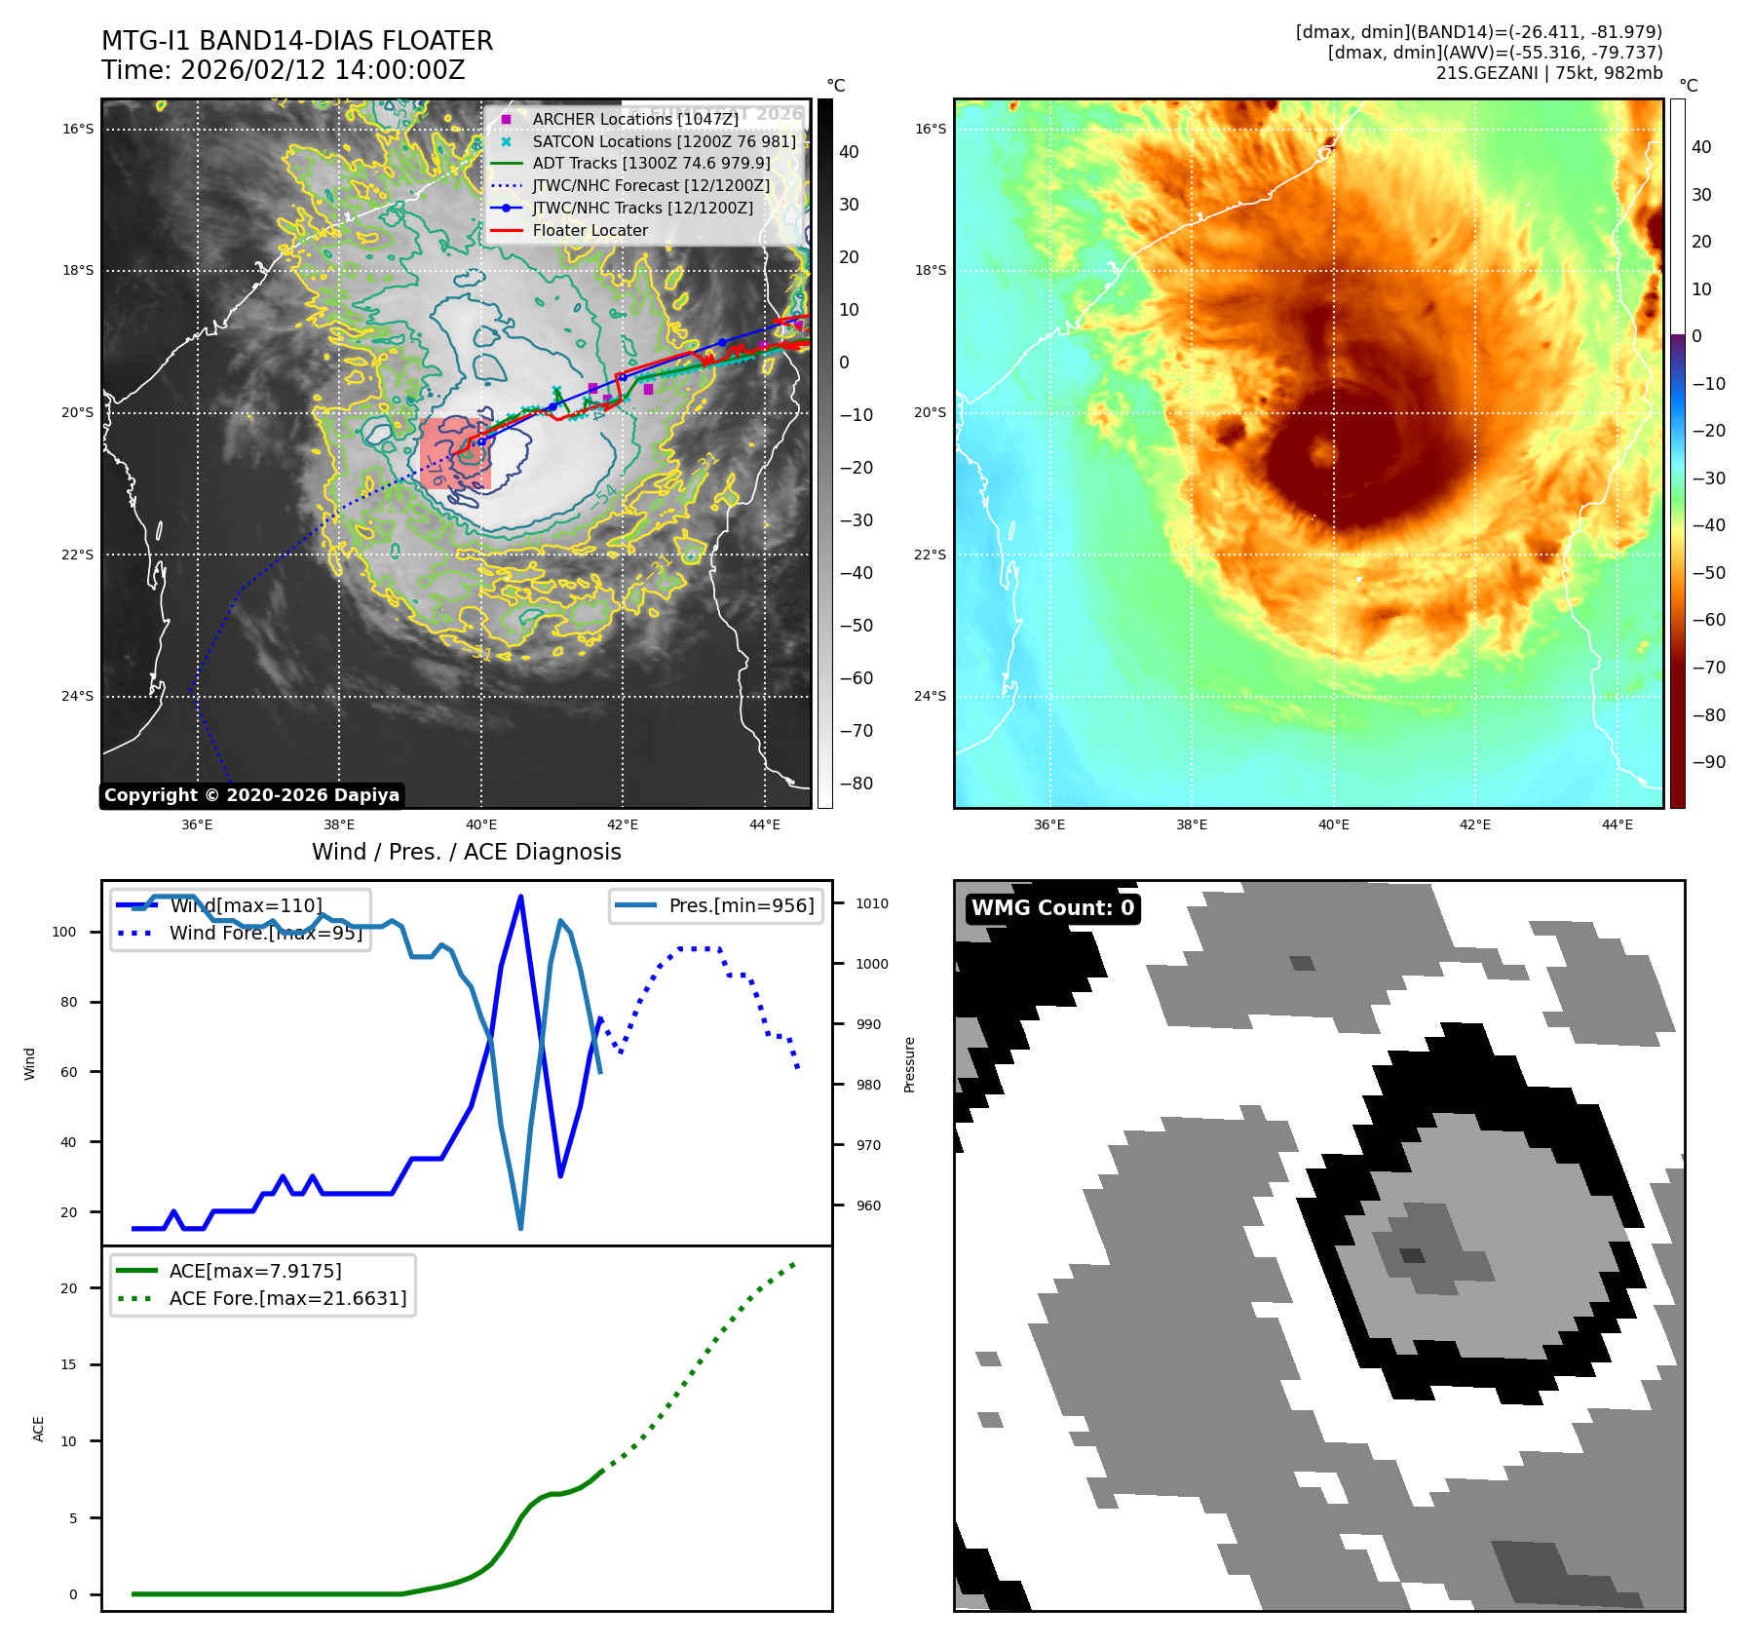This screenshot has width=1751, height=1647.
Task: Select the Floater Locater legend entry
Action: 590,230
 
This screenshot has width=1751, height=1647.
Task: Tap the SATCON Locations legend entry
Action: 664,141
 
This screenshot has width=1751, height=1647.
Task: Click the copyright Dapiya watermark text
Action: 251,795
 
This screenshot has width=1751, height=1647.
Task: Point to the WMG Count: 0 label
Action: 1052,908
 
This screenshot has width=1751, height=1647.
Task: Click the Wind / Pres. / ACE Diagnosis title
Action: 466,852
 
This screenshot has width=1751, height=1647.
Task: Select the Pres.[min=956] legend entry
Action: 741,905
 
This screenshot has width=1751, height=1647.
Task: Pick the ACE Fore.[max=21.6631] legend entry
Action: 287,1298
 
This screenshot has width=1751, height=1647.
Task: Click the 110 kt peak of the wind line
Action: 520,897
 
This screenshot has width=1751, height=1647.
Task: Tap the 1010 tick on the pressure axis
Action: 872,903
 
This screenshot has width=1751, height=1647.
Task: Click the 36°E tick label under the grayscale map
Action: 197,824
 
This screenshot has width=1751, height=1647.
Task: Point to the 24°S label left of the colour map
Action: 930,696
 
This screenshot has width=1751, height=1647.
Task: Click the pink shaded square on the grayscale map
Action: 454,452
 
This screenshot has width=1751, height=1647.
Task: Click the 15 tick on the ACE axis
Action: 68,1364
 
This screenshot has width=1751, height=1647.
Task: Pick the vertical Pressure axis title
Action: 909,1064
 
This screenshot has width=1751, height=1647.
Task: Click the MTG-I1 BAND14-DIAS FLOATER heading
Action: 297,41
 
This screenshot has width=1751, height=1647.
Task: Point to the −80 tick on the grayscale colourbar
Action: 856,784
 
